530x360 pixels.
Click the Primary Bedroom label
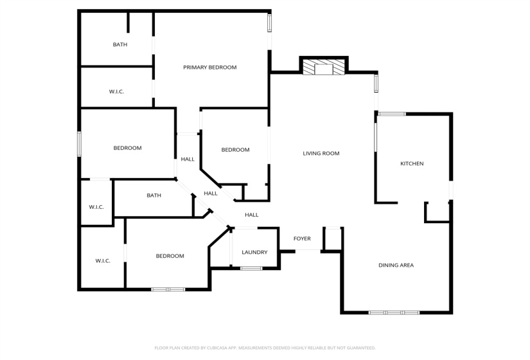click(209, 67)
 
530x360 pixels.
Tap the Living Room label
click(321, 154)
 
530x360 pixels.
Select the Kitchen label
click(412, 164)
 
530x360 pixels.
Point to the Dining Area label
click(396, 265)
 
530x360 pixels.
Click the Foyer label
click(302, 239)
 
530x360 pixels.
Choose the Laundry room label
click(254, 253)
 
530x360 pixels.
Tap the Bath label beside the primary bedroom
click(120, 45)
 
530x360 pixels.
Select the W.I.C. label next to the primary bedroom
click(116, 92)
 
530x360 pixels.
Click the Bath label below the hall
click(154, 195)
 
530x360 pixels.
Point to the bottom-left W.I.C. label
click(103, 261)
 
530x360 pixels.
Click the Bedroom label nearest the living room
click(235, 150)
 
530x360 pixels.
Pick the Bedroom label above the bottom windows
click(170, 256)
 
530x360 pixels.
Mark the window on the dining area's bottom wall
click(394, 313)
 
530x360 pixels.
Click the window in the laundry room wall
click(251, 268)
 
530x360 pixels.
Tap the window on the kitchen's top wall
click(391, 114)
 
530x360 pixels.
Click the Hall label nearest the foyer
click(251, 215)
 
